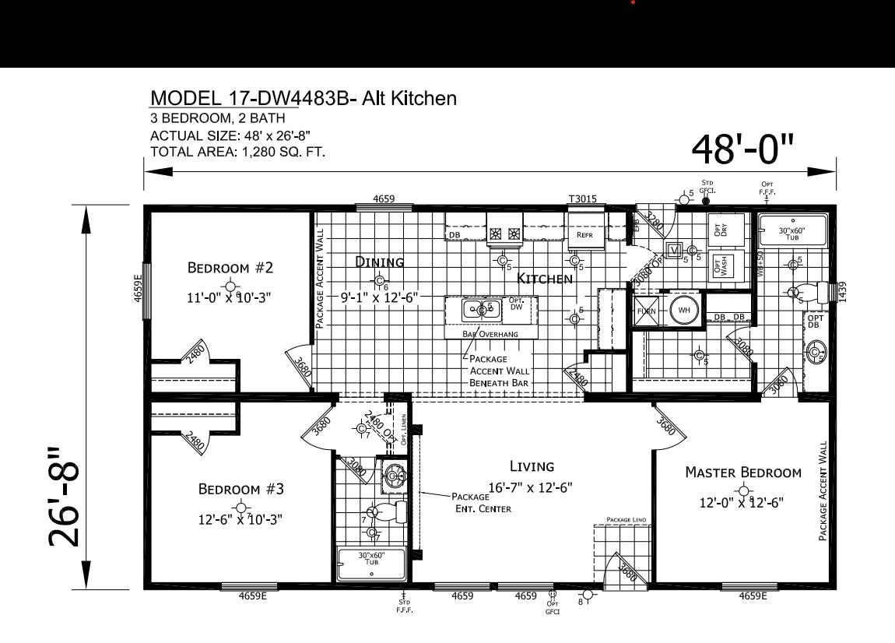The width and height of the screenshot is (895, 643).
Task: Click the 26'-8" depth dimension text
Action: tap(65, 497)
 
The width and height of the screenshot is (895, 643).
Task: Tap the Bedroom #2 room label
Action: tap(230, 268)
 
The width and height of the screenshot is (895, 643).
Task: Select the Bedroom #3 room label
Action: tap(240, 489)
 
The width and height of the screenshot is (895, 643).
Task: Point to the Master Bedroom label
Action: tap(742, 472)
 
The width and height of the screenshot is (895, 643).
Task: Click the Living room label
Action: tap(532, 466)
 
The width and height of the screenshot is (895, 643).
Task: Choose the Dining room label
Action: tap(380, 262)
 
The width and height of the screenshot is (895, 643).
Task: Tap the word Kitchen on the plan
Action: tap(545, 278)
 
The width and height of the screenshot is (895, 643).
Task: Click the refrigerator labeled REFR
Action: tap(585, 234)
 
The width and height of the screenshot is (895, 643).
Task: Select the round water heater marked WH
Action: tap(684, 311)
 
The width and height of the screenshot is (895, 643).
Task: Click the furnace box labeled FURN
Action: tap(647, 311)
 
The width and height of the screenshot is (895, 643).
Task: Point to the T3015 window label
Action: tap(582, 199)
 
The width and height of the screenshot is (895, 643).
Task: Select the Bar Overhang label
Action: tap(490, 334)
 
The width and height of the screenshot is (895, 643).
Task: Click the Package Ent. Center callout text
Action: tap(483, 502)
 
